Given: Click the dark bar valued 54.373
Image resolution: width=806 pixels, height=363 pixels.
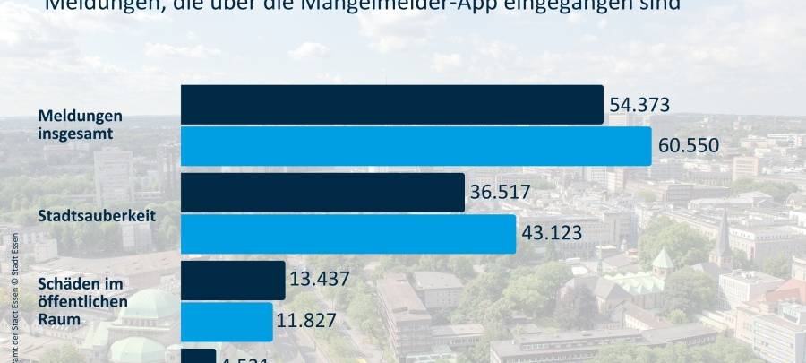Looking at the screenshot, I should point(391,105).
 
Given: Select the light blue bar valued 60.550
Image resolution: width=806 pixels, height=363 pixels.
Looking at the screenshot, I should point(416,146).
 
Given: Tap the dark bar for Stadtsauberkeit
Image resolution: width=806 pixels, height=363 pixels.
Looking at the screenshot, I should point(322,193).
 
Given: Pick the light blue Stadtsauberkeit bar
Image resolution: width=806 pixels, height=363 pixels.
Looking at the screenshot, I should point(348,234).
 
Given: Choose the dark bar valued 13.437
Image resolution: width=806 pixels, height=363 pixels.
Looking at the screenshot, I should point(233,281).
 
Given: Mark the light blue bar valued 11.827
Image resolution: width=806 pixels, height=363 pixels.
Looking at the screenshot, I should point(227,322).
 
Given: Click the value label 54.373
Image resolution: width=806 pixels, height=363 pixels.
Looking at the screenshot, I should point(639,106).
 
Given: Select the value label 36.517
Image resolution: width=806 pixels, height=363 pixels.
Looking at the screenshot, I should point(501,193).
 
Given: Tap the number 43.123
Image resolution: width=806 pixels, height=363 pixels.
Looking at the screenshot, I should point(552,235).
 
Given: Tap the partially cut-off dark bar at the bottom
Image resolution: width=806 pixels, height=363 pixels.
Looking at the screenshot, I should point(198,357).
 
